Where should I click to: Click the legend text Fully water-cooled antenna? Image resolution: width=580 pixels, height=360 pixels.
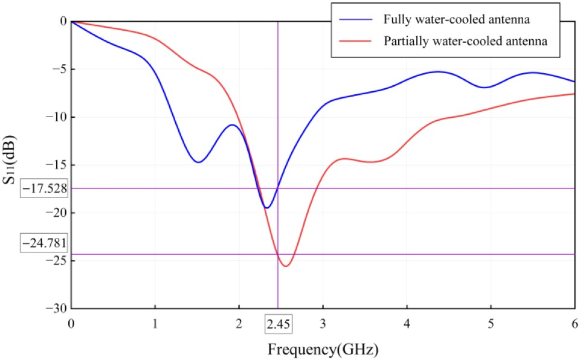457,20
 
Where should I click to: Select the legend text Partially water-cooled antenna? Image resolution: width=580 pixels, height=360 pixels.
465,42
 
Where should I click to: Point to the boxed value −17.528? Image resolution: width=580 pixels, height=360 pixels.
43,188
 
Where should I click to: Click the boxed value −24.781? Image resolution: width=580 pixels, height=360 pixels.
43,243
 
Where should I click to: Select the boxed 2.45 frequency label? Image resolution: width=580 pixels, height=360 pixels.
279,324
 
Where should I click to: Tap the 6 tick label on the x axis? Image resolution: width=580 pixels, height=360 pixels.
574,324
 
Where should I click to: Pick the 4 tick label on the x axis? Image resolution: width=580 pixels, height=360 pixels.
407,324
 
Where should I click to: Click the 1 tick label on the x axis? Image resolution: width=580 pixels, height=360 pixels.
155,324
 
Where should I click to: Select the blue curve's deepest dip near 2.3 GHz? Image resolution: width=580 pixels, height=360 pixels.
266,208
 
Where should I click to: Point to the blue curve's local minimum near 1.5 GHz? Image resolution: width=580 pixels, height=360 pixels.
198,162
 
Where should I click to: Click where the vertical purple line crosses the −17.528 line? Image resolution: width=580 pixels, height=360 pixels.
277,188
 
